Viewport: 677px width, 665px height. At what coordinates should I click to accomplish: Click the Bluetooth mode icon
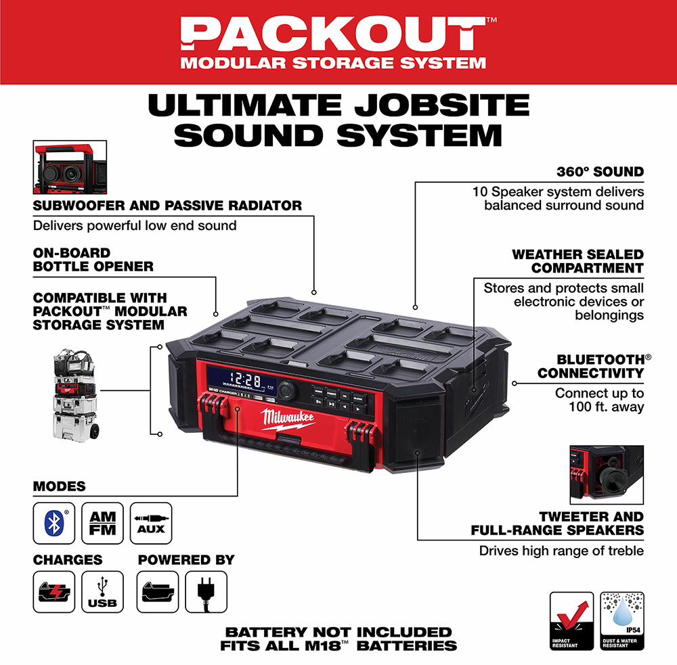[54, 523]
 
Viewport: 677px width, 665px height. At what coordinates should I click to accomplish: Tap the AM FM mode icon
[102, 523]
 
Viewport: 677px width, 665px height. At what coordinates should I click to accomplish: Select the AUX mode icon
[151, 523]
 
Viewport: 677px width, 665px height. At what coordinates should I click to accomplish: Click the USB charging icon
[102, 592]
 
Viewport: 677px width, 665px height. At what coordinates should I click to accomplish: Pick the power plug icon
[206, 592]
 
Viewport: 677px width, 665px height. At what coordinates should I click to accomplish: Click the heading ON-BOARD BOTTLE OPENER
[93, 260]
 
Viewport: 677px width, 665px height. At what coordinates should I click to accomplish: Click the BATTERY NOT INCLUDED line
[338, 632]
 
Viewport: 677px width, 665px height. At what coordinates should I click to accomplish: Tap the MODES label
[60, 486]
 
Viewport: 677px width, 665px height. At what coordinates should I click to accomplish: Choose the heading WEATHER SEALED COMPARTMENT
[577, 261]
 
